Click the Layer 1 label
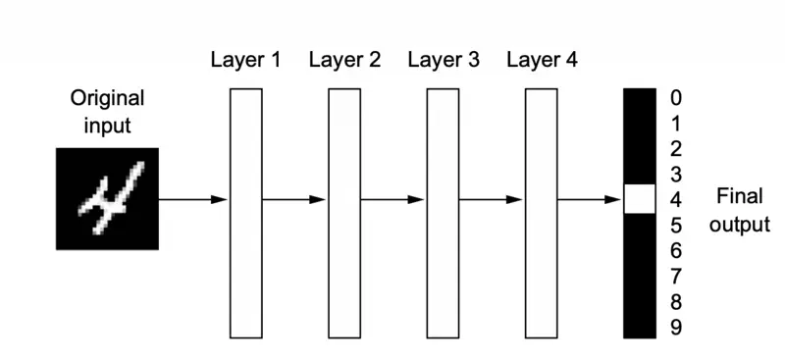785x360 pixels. [245, 60]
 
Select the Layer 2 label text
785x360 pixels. [344, 60]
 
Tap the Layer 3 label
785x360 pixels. [444, 60]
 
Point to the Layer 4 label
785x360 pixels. [543, 60]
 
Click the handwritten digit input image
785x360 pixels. [107, 199]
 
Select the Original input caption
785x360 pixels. [107, 112]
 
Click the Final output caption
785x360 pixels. [740, 210]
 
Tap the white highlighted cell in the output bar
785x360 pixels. [639, 199]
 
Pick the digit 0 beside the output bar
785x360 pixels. [675, 98]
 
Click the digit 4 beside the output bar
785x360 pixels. [675, 200]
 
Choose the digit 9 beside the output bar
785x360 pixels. [675, 328]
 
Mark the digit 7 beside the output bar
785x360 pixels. [675, 277]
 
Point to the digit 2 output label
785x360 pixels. [675, 149]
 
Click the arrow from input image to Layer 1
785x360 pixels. [193, 199]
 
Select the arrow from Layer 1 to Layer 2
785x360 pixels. [294, 199]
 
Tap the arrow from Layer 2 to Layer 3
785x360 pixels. [393, 199]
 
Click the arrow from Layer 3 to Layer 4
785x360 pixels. [492, 199]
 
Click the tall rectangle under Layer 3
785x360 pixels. [443, 213]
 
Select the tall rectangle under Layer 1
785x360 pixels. [245, 213]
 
